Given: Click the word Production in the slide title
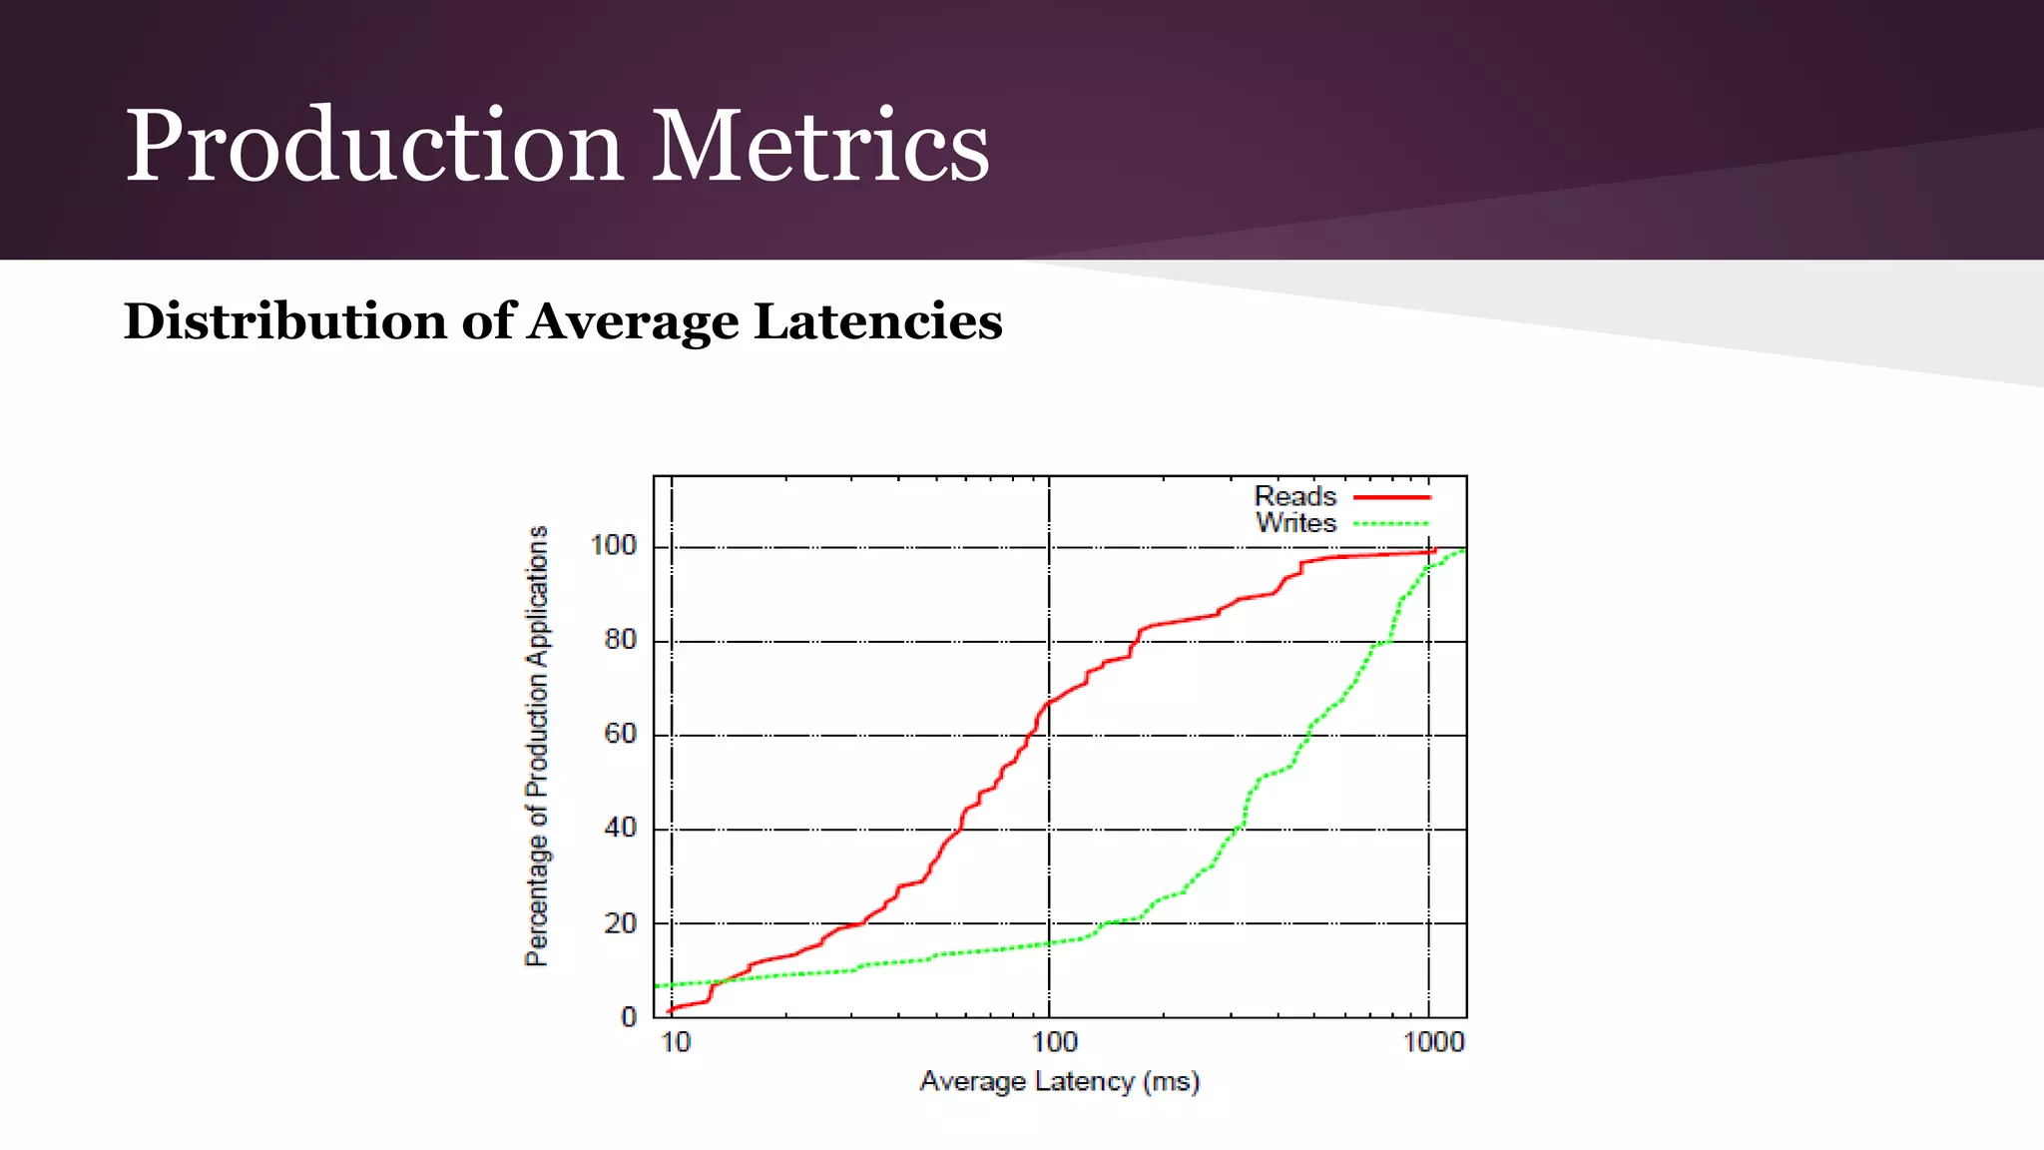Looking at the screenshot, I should (x=374, y=147).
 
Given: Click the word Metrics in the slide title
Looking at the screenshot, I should (x=820, y=147).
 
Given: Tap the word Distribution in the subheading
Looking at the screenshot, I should (x=283, y=322).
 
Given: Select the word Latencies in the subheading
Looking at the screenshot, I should (x=878, y=322).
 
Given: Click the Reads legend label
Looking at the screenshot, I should (x=1294, y=496).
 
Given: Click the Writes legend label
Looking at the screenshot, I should (x=1295, y=523).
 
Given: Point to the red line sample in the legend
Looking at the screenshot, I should (x=1391, y=497).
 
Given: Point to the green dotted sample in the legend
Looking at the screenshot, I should (x=1391, y=524).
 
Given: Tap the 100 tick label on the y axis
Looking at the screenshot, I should (x=613, y=546).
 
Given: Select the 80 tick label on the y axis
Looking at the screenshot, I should (x=620, y=640).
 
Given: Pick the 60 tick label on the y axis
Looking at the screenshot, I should (x=620, y=735).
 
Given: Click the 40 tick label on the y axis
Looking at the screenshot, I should (x=620, y=829).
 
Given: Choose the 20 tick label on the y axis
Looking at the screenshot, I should (x=620, y=923).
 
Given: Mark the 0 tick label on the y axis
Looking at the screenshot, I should (x=628, y=1017).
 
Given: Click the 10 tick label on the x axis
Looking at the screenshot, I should (x=676, y=1043).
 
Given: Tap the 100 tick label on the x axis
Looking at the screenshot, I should (x=1054, y=1043).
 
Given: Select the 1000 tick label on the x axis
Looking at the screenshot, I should (x=1433, y=1043).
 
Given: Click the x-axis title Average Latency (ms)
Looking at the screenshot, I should (x=1059, y=1082).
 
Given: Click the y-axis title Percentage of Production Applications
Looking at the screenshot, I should (x=537, y=746).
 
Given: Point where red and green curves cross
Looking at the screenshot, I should (x=721, y=981).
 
